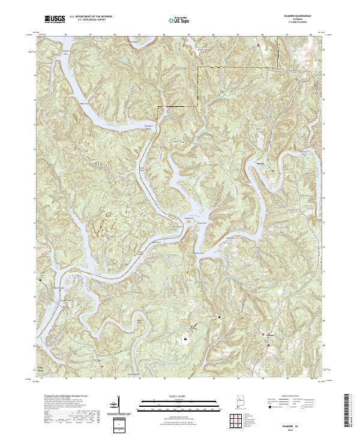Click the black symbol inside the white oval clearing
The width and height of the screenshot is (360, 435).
[x=185, y=338]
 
